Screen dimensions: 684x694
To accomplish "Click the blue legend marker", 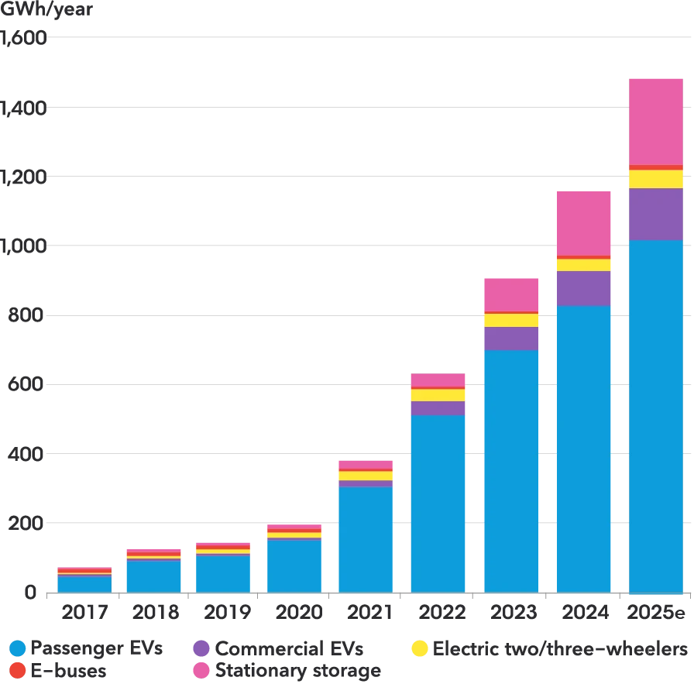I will [17, 648].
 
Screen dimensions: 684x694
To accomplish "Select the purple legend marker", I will [201, 648].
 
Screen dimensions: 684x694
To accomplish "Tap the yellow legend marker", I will [420, 648].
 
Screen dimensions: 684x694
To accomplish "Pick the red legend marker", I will [17, 670].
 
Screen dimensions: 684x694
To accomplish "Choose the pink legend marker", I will [201, 670].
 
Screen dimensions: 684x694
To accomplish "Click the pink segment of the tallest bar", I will [655, 121].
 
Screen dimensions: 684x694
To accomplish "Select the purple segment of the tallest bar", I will [655, 215].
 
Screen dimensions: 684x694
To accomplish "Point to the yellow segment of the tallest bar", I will [655, 179].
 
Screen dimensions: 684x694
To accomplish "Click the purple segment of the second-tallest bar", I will [582, 288].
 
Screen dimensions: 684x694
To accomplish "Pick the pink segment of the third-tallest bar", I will [511, 294].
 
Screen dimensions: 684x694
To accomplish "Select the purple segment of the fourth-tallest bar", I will [438, 408].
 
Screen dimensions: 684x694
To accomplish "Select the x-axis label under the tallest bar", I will [655, 610].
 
